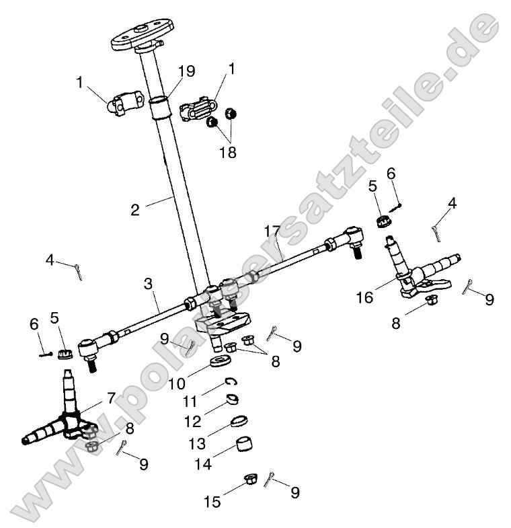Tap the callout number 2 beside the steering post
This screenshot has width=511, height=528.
pos(135,210)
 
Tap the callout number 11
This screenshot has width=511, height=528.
pos(190,402)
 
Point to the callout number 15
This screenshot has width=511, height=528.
pos(213,501)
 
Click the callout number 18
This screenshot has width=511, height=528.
pos(228,153)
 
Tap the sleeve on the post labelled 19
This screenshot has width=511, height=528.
pos(161,108)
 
